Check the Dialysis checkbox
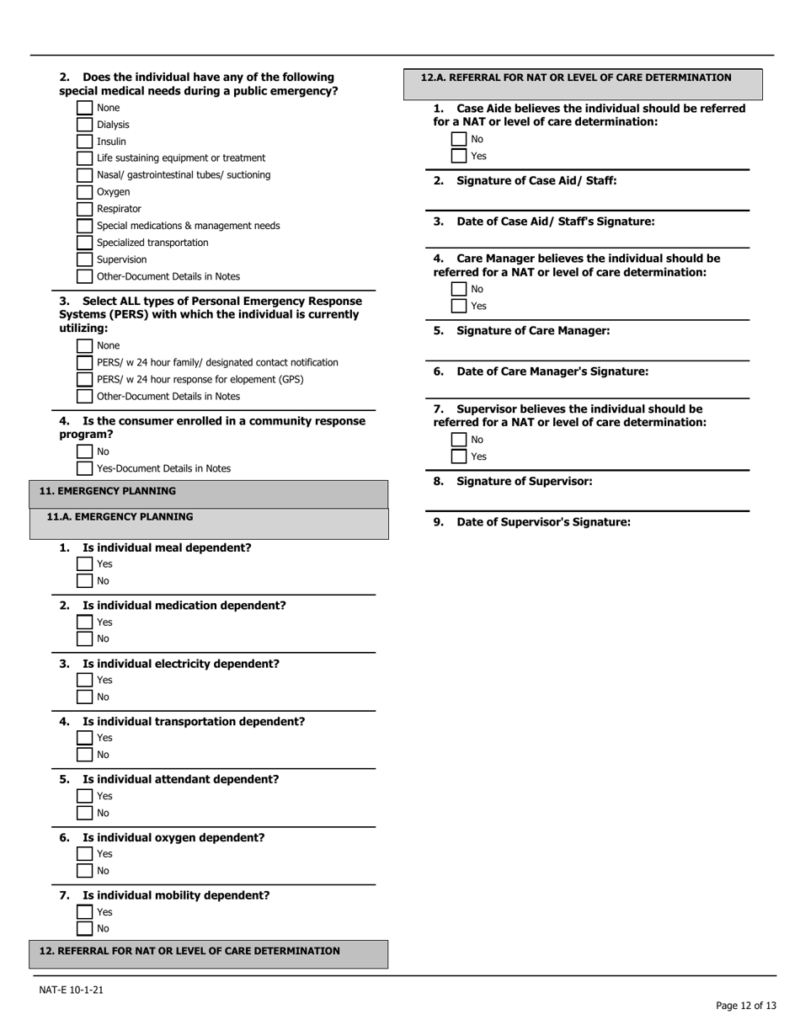point(85,125)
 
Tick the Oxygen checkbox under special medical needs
point(85,192)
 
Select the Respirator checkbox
point(85,209)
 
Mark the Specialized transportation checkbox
point(85,243)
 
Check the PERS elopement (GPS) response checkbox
point(85,379)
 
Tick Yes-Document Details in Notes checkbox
point(85,468)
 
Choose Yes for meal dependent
point(85,564)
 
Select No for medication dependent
point(85,638)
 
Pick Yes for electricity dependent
point(85,681)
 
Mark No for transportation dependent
point(85,755)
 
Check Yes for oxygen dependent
point(85,854)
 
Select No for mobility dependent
point(85,929)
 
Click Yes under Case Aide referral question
point(459,156)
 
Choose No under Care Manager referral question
point(459,289)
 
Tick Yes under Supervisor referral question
point(459,457)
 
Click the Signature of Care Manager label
point(532,331)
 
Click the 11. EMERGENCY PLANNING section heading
point(108,490)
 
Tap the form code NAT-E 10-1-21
point(72,990)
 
